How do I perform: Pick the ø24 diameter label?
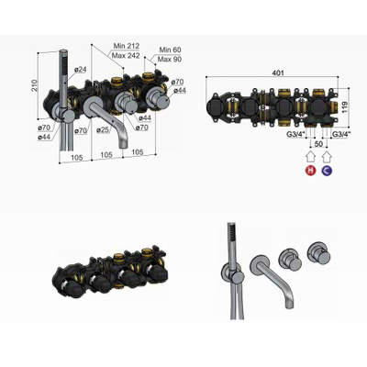click(x=80, y=70)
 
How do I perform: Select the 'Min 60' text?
click(x=168, y=50)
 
